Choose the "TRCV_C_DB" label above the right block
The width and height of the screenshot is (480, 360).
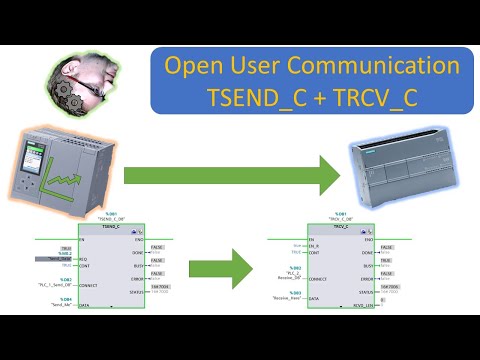coord(343,219)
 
